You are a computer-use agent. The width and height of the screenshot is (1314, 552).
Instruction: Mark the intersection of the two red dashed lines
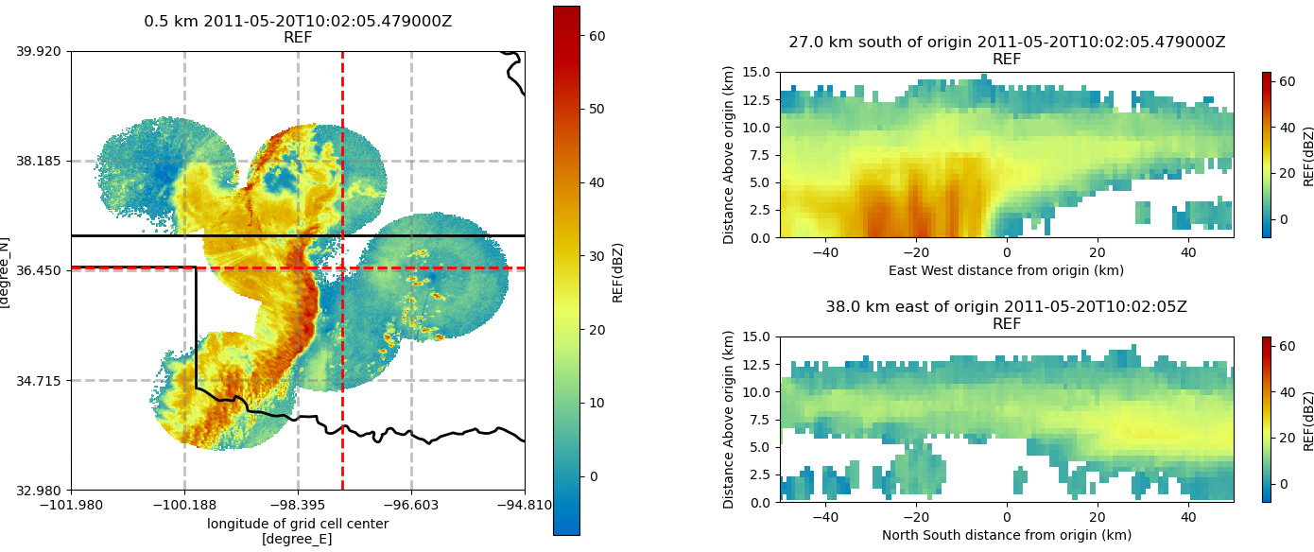click(342, 268)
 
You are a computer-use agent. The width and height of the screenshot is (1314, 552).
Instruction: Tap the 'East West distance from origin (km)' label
click(1007, 270)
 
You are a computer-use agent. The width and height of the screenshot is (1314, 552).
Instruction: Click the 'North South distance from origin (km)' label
click(1007, 535)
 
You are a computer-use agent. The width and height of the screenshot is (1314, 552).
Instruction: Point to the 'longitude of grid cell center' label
click(298, 524)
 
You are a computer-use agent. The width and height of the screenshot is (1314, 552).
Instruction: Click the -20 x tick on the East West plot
click(916, 252)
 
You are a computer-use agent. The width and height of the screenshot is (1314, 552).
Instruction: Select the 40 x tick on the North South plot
click(1188, 517)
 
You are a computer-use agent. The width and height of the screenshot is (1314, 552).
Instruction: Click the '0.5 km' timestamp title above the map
click(298, 21)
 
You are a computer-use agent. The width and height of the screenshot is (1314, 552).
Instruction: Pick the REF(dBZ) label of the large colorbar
click(617, 272)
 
